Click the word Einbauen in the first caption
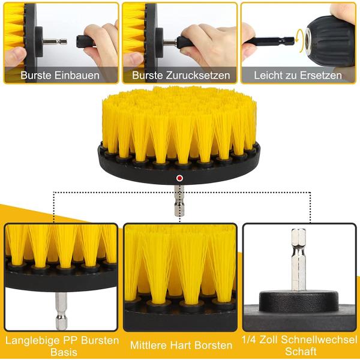[x=77, y=76]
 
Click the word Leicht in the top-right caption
[x=268, y=76]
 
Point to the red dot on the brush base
[x=179, y=178]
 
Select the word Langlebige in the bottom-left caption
[x=31, y=340]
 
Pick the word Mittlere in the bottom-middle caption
[x=152, y=346]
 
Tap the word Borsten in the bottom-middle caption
[x=212, y=346]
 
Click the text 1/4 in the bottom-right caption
[x=251, y=340]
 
